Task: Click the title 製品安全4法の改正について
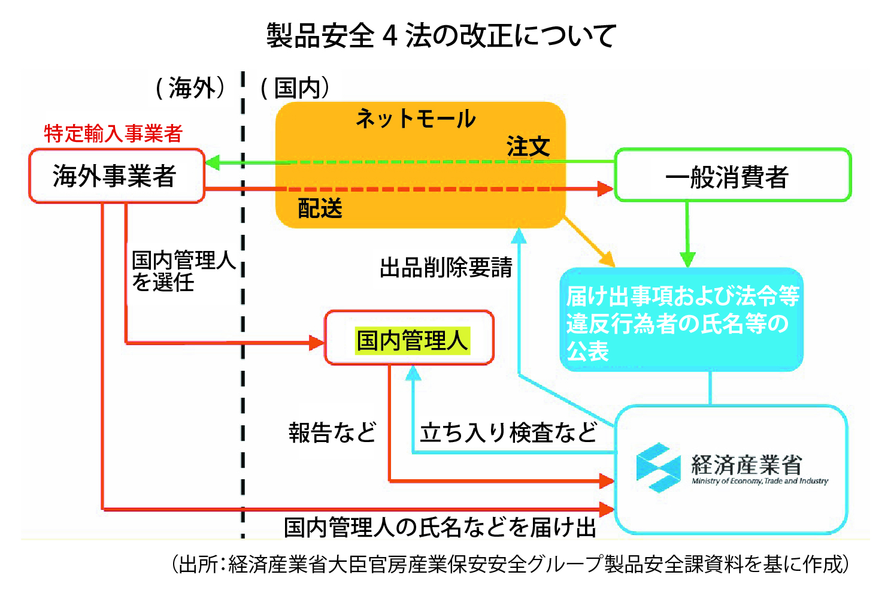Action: pyautogui.click(x=441, y=36)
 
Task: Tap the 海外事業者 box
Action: pyautogui.click(x=116, y=176)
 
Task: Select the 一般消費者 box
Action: pyautogui.click(x=732, y=176)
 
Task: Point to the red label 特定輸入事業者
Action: pyautogui.click(x=113, y=133)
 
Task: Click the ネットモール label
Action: pyautogui.click(x=416, y=119)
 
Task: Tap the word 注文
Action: pyautogui.click(x=528, y=146)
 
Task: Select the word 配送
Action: pyautogui.click(x=320, y=208)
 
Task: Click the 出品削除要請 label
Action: pyautogui.click(x=446, y=267)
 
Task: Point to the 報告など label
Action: pyautogui.click(x=332, y=432)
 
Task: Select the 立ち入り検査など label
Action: pyautogui.click(x=508, y=432)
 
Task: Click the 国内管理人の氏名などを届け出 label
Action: pyautogui.click(x=440, y=527)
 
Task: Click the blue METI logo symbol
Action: pyautogui.click(x=657, y=467)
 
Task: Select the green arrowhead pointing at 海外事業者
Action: pyautogui.click(x=212, y=162)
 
